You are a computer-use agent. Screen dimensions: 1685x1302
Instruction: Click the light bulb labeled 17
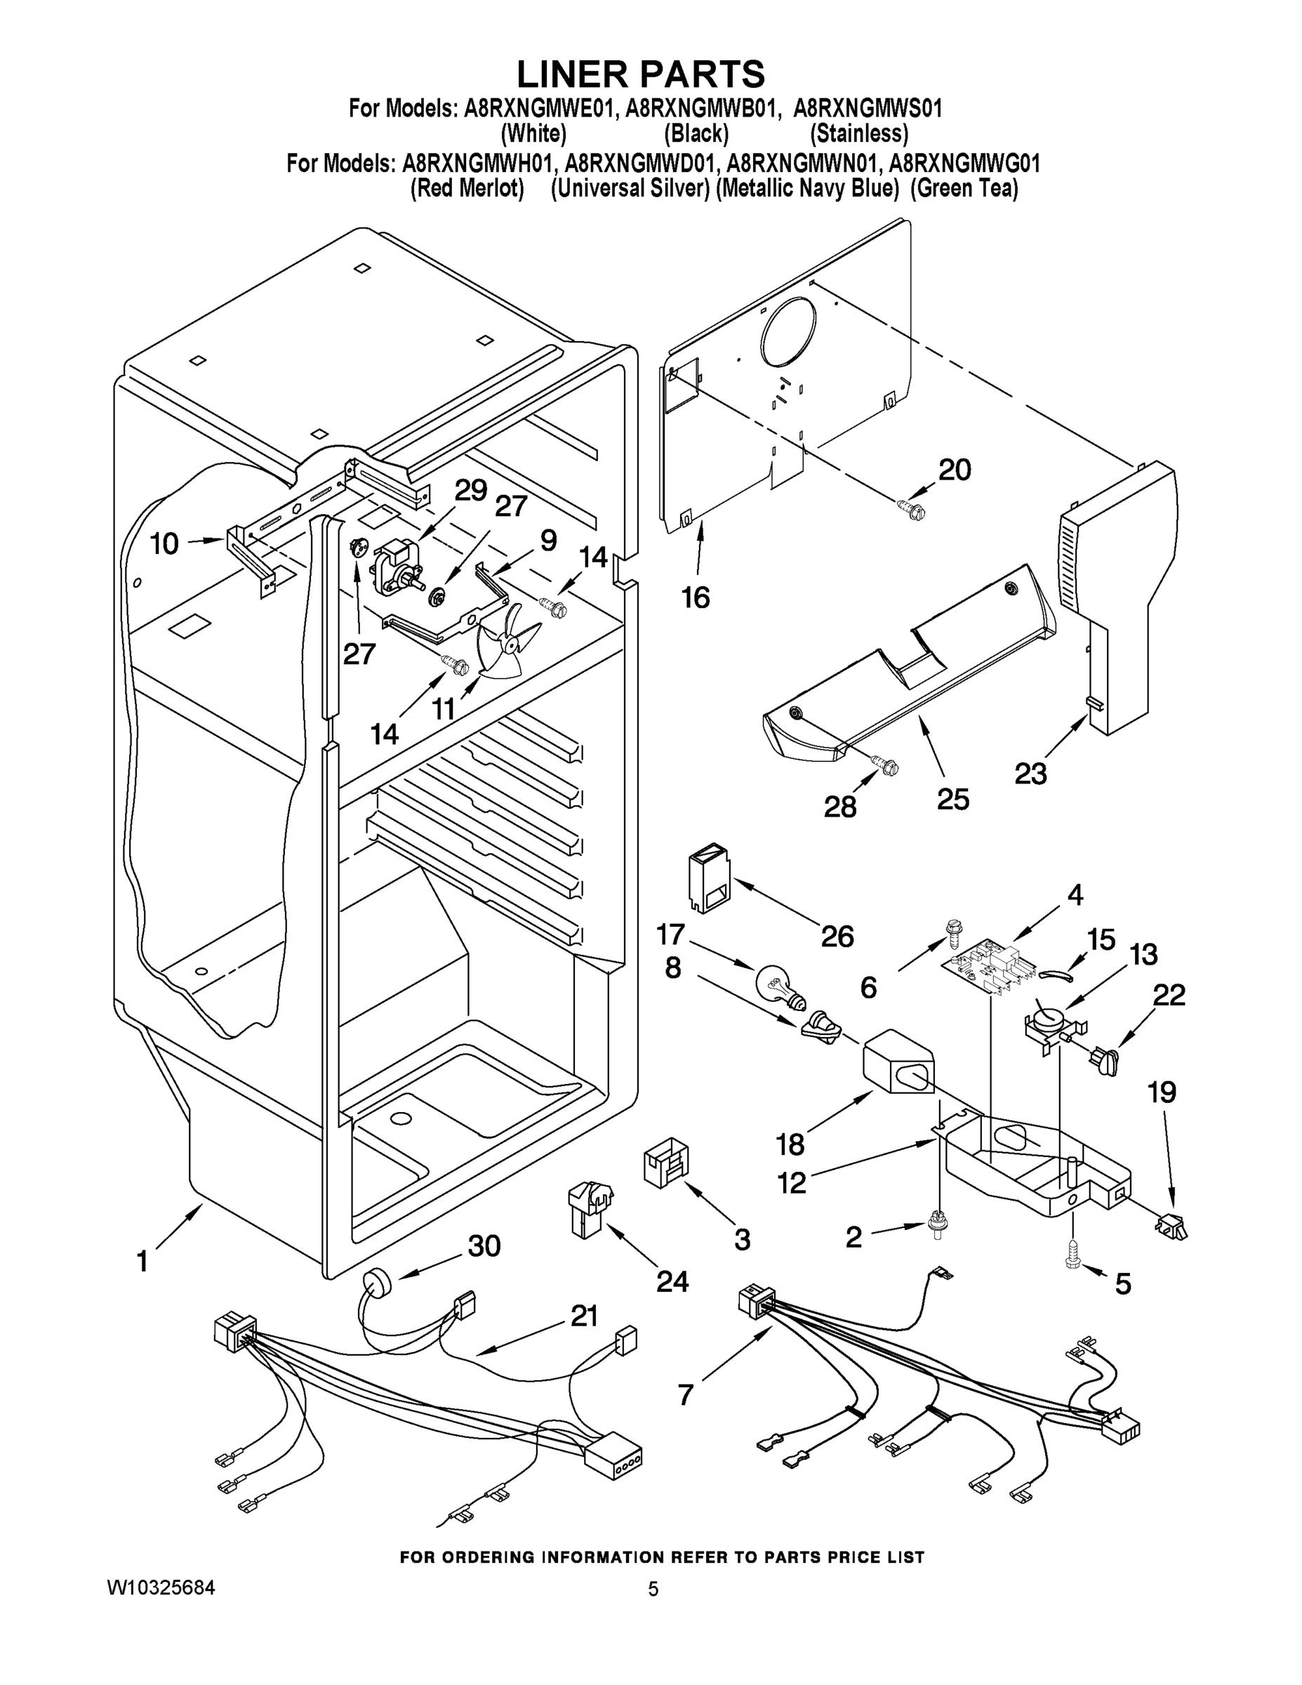tap(781, 989)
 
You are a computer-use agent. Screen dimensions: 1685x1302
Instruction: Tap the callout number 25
tap(952, 799)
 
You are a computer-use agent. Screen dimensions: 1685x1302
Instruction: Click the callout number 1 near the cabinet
tap(142, 1262)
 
